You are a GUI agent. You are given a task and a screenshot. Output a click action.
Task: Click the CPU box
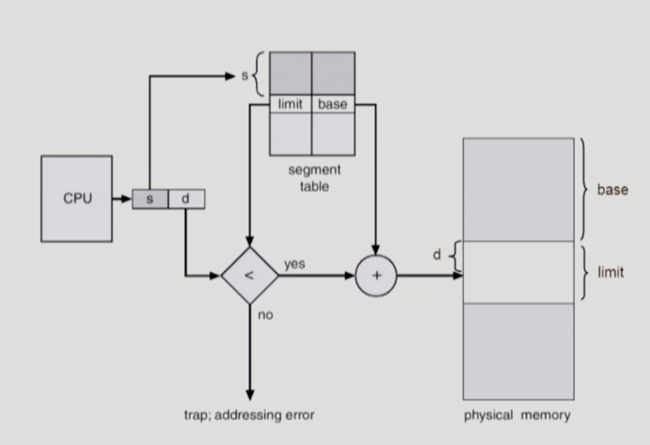click(x=76, y=199)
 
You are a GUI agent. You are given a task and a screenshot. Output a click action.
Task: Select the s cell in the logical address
click(x=150, y=199)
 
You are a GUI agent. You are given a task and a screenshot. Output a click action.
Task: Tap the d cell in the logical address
click(x=186, y=199)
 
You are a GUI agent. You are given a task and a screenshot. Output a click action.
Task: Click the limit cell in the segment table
click(x=290, y=105)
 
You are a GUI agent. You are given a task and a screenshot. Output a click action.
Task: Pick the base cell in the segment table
click(x=332, y=105)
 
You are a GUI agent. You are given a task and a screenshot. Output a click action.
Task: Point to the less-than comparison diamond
click(x=250, y=276)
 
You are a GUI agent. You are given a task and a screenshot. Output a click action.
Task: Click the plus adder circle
click(x=376, y=276)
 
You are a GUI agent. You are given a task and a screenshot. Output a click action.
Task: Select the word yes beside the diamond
click(x=294, y=264)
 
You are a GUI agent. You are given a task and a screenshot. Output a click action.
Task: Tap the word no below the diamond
click(x=265, y=315)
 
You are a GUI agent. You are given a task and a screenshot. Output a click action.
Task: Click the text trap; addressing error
click(x=249, y=415)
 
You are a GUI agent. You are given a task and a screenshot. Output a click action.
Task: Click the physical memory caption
click(x=517, y=415)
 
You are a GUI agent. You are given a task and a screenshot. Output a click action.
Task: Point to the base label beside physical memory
click(x=612, y=190)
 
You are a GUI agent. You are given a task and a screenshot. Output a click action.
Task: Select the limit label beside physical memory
click(x=610, y=273)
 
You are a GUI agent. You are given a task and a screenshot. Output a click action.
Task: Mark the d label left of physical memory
click(x=437, y=255)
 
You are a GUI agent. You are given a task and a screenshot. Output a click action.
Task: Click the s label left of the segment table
click(x=245, y=76)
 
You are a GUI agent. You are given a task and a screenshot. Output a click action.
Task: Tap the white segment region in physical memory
click(x=518, y=272)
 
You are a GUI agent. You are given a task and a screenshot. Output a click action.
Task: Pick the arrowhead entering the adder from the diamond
click(x=350, y=276)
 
